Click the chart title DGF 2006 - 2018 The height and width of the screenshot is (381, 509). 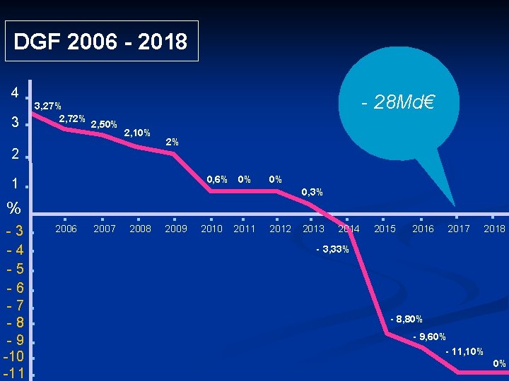pos(100,42)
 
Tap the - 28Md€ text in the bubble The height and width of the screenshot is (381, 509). pos(397,102)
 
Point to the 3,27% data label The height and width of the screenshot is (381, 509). pos(48,106)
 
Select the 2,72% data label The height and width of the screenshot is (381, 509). pos(72,119)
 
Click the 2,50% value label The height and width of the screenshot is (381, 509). pos(104,124)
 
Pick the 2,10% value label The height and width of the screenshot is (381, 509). pos(137,133)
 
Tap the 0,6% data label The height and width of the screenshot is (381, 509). pos(217,179)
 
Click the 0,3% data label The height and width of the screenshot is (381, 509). pos(312,192)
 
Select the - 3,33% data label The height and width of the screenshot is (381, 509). pos(332,249)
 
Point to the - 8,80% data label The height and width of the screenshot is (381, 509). pos(406,320)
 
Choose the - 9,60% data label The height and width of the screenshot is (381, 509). pos(430,337)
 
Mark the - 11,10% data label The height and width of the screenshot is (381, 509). pos(464,351)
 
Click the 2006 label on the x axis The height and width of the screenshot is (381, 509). pos(66,229)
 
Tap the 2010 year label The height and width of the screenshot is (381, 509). pos(211,229)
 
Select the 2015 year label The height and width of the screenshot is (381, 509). pos(385,229)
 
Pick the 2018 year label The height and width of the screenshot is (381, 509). pos(494,229)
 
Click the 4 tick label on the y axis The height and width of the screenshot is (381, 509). pos(15,93)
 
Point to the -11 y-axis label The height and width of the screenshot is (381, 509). pos(13,373)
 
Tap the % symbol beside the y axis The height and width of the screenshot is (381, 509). pos(13,208)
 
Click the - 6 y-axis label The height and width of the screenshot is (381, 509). pos(16,288)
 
